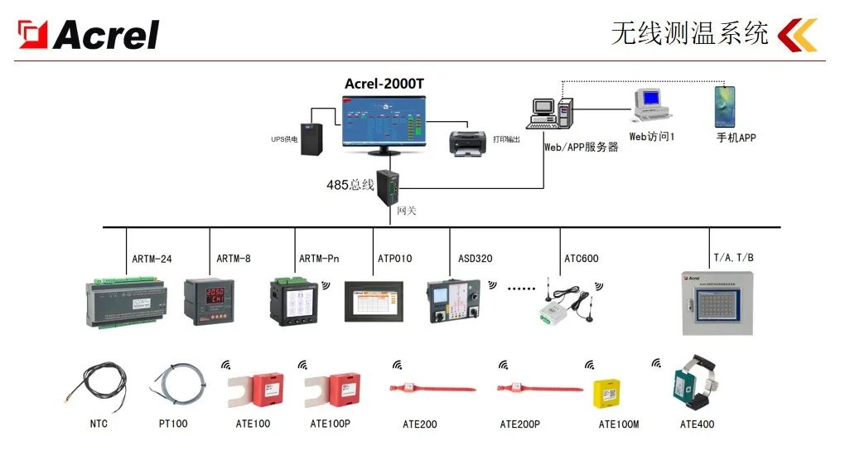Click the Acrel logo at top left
(x=89, y=34)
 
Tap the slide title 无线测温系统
(x=689, y=33)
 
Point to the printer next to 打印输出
(x=468, y=143)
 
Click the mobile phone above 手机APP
(x=725, y=107)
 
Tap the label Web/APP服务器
(x=581, y=147)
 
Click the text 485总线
(x=350, y=185)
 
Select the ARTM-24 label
(x=152, y=259)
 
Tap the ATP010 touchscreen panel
(x=374, y=302)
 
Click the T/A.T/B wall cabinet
(x=717, y=303)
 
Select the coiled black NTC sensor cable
(x=98, y=385)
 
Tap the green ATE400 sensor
(x=689, y=383)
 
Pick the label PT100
(x=173, y=424)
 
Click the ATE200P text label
(x=519, y=424)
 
